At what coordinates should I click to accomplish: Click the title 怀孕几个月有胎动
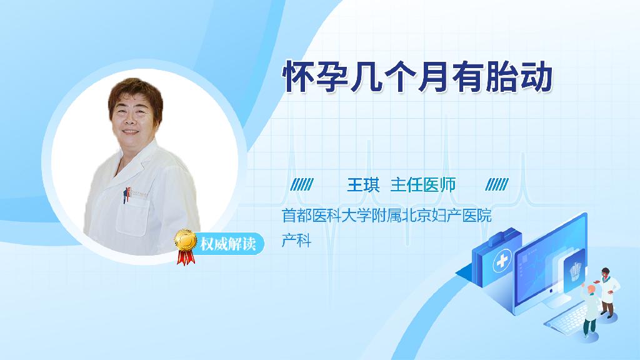[417, 77]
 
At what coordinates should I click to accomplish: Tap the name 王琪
[363, 185]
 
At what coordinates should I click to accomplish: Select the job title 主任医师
[423, 185]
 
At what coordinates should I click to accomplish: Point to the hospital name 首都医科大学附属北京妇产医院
[386, 215]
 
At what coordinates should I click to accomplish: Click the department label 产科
[297, 241]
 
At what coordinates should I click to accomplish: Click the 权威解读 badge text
[227, 244]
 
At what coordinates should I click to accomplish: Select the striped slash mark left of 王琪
[302, 184]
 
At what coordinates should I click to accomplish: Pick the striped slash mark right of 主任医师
[497, 184]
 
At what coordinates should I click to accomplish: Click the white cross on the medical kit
[502, 261]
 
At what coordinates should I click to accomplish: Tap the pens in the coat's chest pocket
[126, 195]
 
